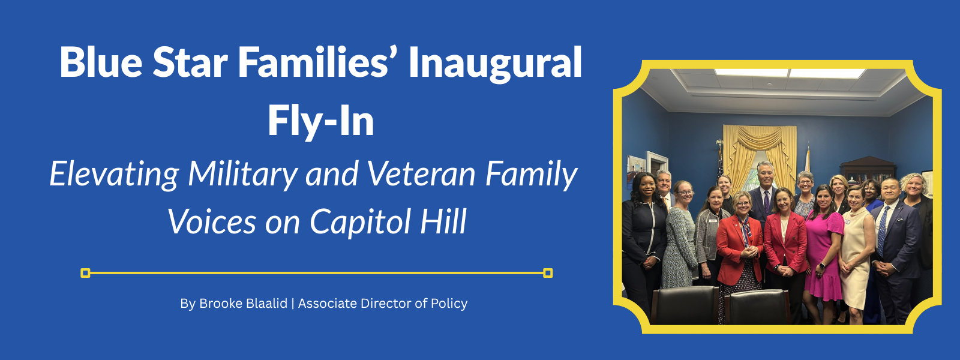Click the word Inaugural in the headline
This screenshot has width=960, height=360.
point(495,62)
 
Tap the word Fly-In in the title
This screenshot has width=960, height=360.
point(321,121)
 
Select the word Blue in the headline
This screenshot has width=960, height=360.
point(101,62)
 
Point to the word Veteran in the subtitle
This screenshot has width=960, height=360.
point(421,174)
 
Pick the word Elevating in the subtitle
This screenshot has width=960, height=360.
point(114,175)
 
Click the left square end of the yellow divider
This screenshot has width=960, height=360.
point(85,273)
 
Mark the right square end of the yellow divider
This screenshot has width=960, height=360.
point(548,273)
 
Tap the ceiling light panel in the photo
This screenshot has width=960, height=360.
point(790,73)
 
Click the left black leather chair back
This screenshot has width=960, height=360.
point(685,305)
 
